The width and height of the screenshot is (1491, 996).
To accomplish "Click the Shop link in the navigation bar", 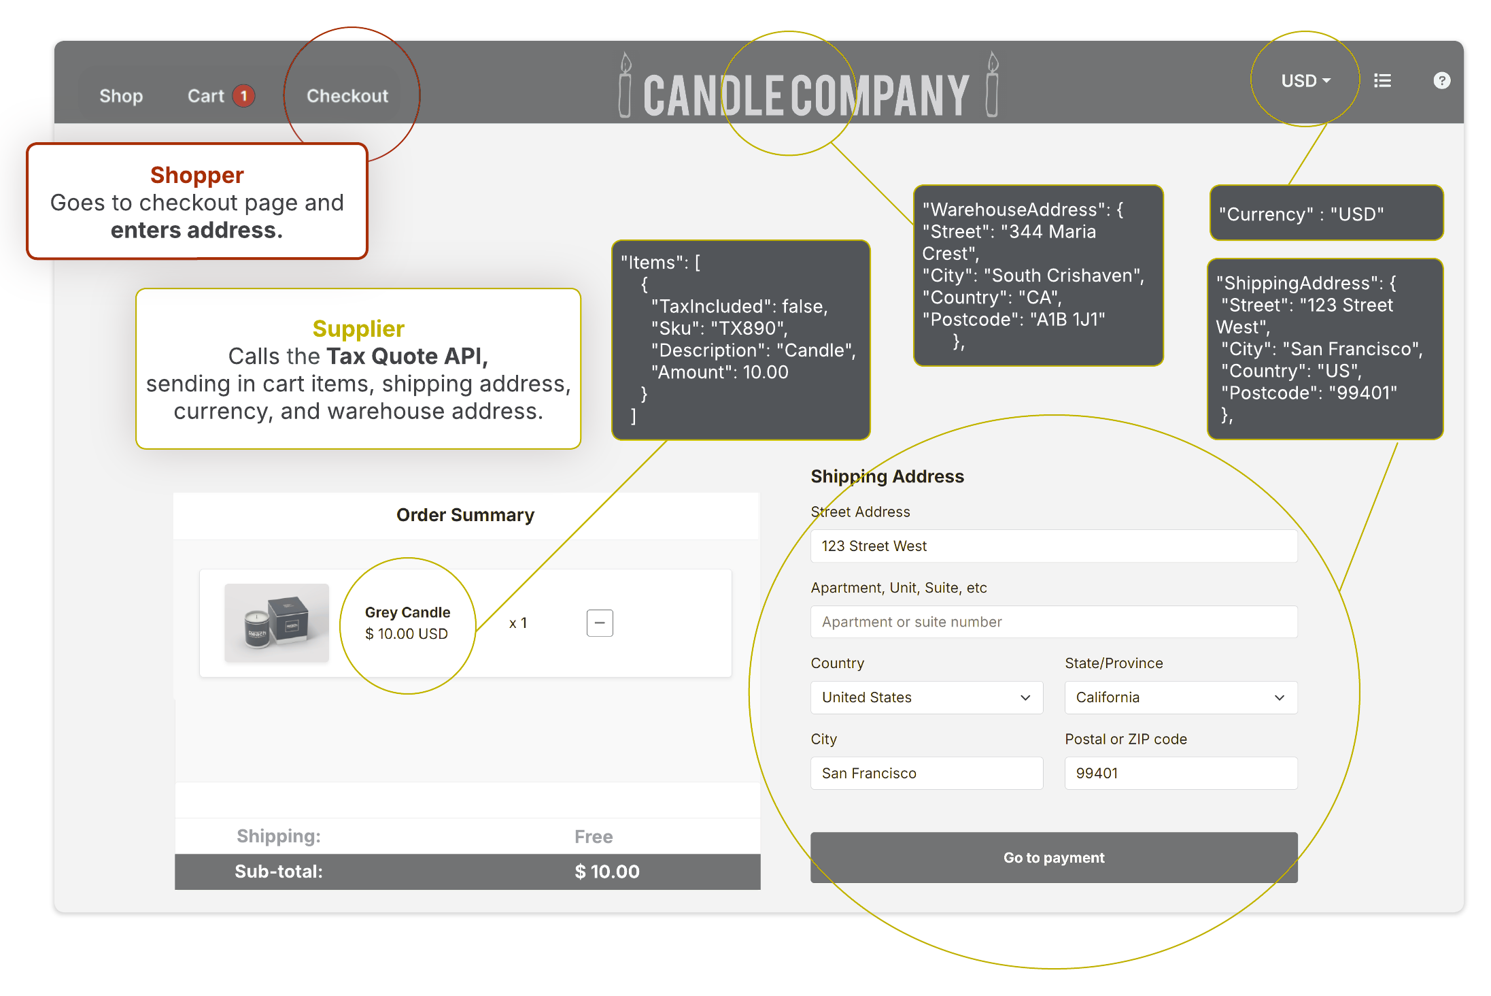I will (121, 96).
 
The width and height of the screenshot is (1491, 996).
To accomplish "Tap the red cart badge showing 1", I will (243, 96).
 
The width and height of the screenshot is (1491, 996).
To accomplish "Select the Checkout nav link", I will (347, 96).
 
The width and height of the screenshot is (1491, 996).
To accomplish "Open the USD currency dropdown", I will (1305, 81).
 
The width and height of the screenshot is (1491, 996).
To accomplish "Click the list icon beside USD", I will (1382, 81).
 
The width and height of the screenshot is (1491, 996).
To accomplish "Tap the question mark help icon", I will (1441, 81).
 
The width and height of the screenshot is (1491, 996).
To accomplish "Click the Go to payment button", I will (1053, 857).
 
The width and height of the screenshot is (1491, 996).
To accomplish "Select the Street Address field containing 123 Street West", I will (1053, 546).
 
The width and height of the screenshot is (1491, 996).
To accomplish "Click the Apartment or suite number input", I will (1053, 622).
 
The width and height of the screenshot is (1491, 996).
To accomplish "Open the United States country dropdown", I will (926, 697).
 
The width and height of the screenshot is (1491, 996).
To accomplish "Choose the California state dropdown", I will (1180, 697).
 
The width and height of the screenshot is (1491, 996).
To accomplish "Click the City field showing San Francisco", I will (926, 773).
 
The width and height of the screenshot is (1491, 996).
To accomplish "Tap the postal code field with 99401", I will (1180, 773).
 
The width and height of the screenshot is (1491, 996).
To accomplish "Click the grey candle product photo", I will (277, 622).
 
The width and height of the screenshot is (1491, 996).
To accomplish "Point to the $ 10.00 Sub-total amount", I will (606, 871).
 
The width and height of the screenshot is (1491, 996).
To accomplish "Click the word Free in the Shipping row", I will (593, 836).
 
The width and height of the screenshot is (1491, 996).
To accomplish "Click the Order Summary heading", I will (465, 515).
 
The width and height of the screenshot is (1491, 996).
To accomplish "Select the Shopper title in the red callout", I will (196, 175).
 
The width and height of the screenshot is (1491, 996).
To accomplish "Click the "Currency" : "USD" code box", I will (1326, 214).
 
